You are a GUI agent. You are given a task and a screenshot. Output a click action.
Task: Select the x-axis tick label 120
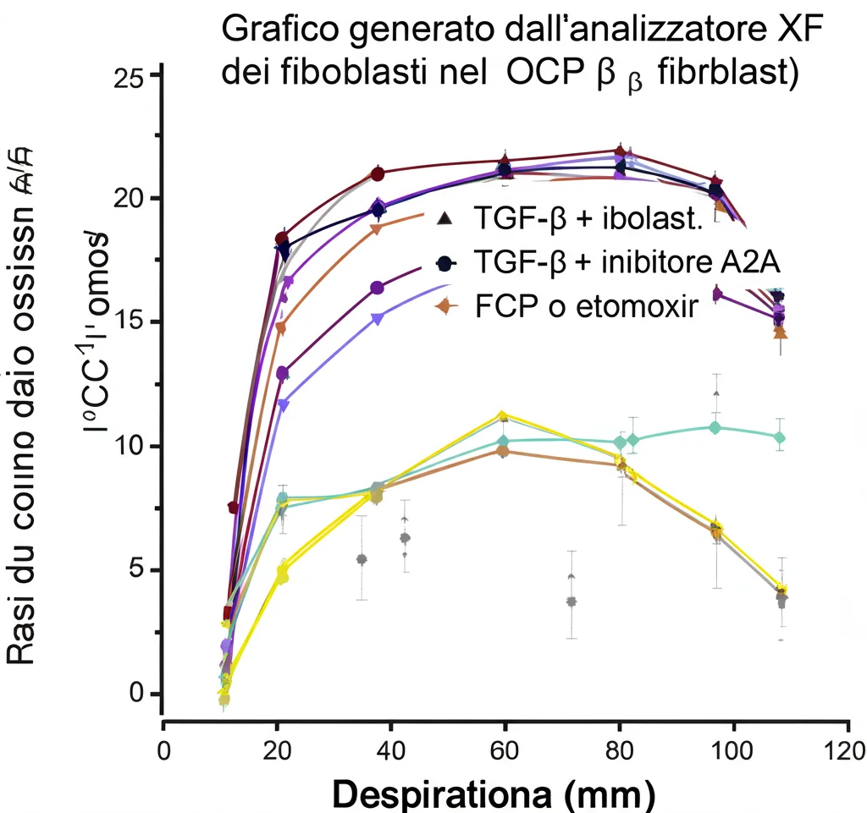[x=843, y=749]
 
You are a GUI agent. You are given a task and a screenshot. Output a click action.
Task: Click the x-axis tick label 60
[x=505, y=749]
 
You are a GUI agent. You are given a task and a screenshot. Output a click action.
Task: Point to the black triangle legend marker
[x=443, y=220]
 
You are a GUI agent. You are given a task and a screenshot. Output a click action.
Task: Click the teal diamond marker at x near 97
[x=715, y=428]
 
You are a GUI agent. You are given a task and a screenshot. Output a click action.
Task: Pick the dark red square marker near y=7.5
[x=234, y=507]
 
